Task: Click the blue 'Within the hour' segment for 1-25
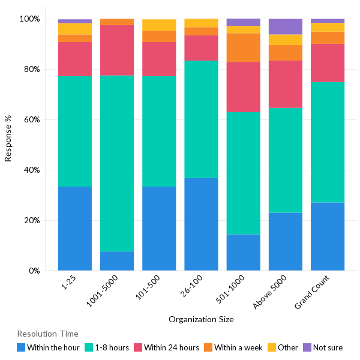coord(75,229)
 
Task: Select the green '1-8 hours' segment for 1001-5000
coord(117,163)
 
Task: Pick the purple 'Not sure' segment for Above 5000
coord(285,26)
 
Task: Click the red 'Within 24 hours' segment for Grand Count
coord(328,63)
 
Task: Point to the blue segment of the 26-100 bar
coord(201,224)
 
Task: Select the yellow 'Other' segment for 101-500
coord(159,25)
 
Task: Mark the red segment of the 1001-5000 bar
coord(117,50)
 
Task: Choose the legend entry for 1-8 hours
coord(107,347)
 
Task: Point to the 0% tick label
coord(33,271)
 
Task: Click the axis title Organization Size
coord(201,319)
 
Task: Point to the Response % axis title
coord(8,144)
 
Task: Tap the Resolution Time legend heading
coord(47,334)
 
